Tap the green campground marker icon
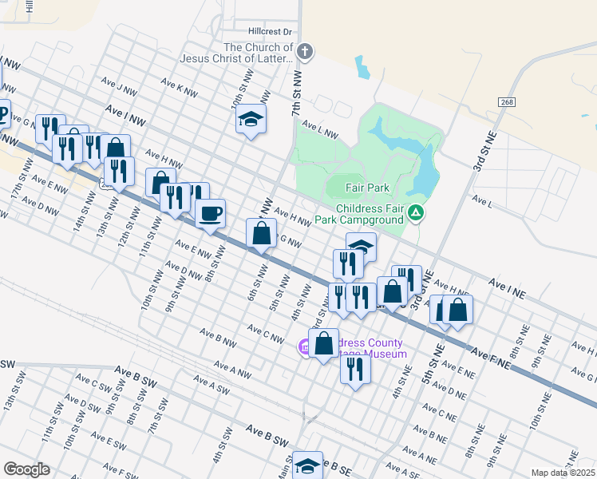(x=416, y=213)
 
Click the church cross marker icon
(x=304, y=53)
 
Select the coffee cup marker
(x=210, y=214)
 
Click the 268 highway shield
(x=507, y=102)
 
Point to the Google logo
(x=26, y=469)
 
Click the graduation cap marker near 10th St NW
(x=251, y=119)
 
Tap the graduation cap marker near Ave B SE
(x=307, y=466)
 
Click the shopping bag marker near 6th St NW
(x=262, y=235)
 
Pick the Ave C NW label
(x=265, y=334)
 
